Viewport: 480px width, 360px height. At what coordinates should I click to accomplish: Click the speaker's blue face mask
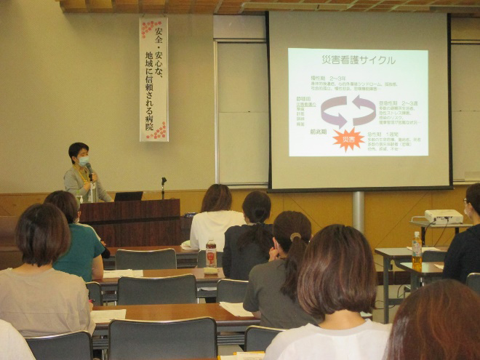click(x=83, y=160)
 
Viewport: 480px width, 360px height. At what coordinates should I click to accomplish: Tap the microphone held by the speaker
click(x=89, y=169)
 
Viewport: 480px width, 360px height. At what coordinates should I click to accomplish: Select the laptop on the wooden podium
click(x=128, y=196)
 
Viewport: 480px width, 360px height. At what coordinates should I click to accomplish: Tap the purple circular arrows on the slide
click(x=348, y=111)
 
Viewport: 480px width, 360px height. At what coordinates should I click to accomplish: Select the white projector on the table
click(x=444, y=216)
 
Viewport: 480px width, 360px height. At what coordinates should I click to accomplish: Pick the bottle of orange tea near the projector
click(x=417, y=250)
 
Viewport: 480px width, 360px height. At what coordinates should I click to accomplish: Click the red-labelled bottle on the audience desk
click(x=211, y=255)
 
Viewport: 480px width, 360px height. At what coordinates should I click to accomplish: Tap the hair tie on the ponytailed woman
click(x=296, y=237)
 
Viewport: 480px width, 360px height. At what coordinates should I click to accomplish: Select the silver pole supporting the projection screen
click(x=358, y=211)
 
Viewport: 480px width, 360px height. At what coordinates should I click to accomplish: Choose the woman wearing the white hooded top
click(x=216, y=222)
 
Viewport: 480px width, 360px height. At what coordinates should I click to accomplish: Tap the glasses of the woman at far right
click(x=465, y=202)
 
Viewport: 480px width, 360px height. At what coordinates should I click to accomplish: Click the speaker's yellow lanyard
click(x=84, y=178)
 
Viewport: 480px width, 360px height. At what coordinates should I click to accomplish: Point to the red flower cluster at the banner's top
click(x=150, y=28)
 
